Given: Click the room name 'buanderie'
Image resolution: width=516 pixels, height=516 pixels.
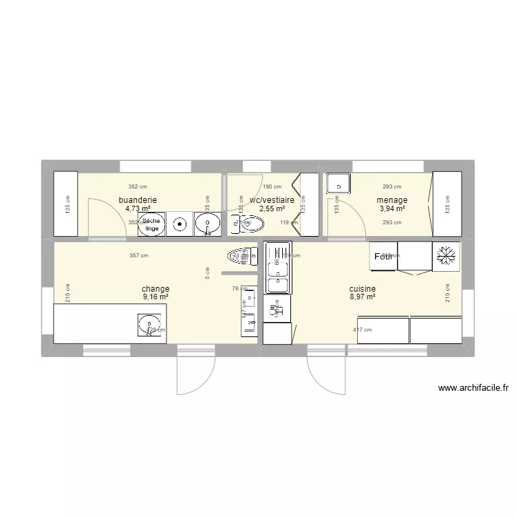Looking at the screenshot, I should click(x=138, y=200).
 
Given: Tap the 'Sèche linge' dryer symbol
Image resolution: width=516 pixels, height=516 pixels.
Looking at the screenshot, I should click(x=151, y=224).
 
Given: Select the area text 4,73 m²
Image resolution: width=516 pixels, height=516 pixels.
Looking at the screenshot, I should click(x=138, y=209).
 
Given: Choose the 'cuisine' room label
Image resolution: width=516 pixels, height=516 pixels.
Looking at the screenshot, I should click(x=362, y=289).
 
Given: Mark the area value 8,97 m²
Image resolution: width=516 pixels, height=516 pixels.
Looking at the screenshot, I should click(x=362, y=297).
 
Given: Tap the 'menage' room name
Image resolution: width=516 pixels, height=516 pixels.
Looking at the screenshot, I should click(x=391, y=200).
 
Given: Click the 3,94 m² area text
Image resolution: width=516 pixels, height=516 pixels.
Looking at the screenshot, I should click(x=391, y=209).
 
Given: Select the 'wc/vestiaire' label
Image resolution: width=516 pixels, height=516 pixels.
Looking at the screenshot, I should click(x=272, y=200).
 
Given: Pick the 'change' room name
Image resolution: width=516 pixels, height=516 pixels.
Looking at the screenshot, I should click(x=155, y=289).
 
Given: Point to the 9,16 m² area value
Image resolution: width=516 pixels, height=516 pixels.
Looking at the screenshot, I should click(x=155, y=297).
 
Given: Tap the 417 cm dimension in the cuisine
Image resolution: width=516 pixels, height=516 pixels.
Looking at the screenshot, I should click(x=362, y=330).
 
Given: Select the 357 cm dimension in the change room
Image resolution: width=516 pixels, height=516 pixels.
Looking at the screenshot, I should click(x=139, y=256).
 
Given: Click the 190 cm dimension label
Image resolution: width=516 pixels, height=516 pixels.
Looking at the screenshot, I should click(x=272, y=186).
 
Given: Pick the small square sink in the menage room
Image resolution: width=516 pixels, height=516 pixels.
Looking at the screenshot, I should click(x=338, y=184).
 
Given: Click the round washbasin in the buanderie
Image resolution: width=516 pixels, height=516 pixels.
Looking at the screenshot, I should click(x=206, y=224).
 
